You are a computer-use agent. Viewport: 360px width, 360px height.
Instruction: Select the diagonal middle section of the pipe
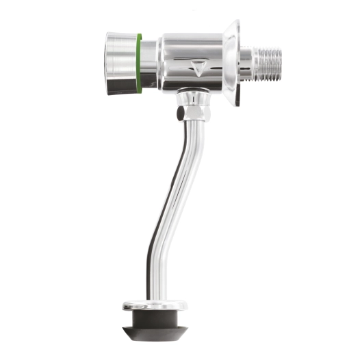(170, 185)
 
